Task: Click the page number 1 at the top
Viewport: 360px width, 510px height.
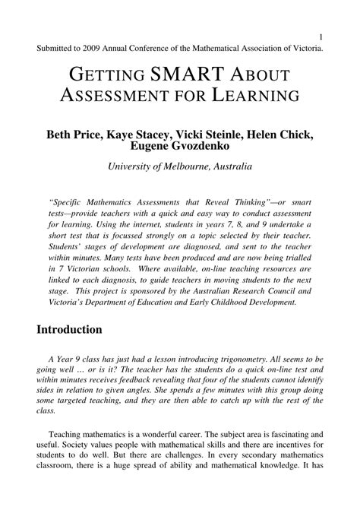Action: (x=322, y=36)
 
